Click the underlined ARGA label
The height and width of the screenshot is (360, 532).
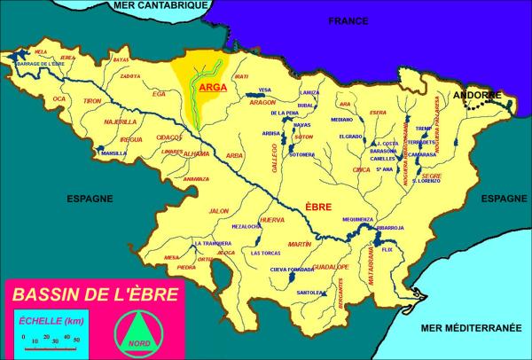click(212, 88)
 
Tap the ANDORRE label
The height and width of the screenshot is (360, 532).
click(476, 95)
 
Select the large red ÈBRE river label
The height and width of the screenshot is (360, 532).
click(318, 207)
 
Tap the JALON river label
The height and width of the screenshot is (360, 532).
click(218, 211)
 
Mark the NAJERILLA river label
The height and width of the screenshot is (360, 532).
click(121, 121)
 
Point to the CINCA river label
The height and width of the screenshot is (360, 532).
click(360, 168)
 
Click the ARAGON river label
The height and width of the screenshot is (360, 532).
click(263, 102)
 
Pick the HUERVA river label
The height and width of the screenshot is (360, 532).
click(270, 219)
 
